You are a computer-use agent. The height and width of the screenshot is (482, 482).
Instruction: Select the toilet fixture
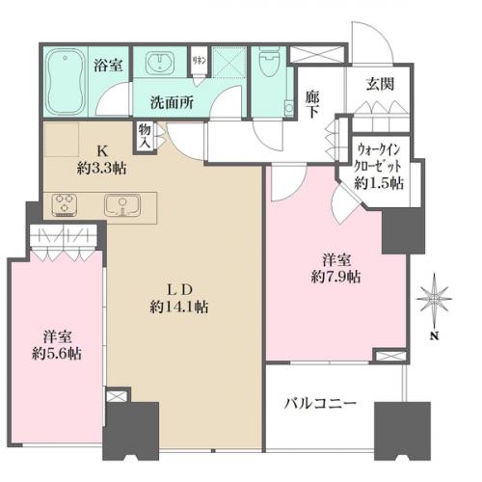(267, 68)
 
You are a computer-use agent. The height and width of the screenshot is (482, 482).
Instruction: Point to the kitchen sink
(122, 203)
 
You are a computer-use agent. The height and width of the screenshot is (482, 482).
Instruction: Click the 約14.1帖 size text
(180, 308)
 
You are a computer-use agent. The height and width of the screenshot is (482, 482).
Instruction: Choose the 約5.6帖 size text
(56, 354)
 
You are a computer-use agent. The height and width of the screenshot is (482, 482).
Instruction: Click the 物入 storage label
(146, 134)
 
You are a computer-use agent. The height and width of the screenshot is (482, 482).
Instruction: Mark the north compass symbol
(435, 302)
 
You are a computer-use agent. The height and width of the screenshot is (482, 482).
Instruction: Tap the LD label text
(180, 289)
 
